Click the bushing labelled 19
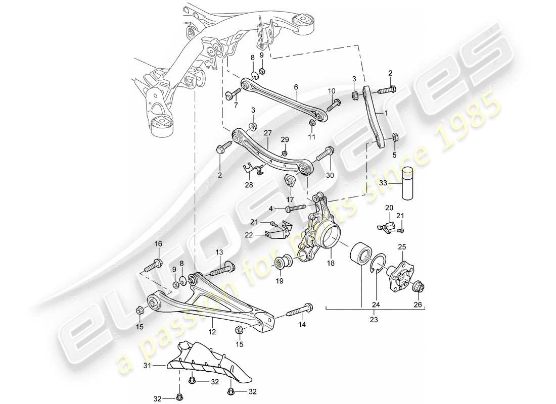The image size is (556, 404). coord(281,263)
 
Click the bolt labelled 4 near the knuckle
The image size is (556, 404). coord(296,207)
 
